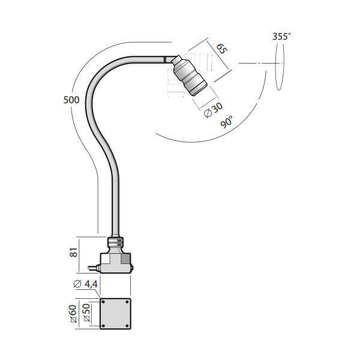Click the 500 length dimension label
point(71,100)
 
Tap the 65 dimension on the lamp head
point(221,49)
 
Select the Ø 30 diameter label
point(213,110)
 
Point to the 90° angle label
point(227,122)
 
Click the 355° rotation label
point(281,37)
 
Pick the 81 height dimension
point(74,253)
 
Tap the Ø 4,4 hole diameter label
point(85,284)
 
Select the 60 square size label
point(73,314)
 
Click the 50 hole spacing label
point(86,312)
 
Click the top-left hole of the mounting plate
point(103,302)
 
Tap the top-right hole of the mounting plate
point(127,302)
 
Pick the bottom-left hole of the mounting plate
point(103,326)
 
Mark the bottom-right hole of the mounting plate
point(127,326)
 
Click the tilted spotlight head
point(189,75)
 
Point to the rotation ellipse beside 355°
point(280,67)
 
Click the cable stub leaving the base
point(94,268)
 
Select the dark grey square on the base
point(126,259)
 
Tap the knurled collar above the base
point(115,242)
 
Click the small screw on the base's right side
point(132,268)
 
